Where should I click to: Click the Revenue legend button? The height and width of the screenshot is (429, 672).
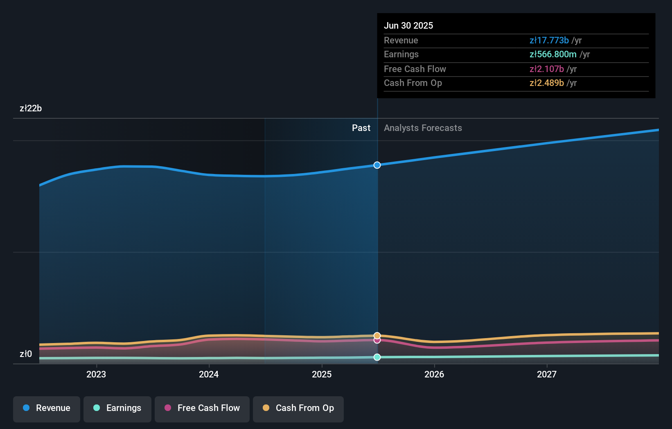(x=47, y=408)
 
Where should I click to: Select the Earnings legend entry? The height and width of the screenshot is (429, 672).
(x=117, y=408)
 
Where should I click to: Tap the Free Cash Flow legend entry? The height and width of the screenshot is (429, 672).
(x=202, y=408)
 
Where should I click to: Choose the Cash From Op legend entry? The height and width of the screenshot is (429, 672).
(x=298, y=408)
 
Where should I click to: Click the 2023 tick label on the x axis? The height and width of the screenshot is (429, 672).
(x=96, y=374)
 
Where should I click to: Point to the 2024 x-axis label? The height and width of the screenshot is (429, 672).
(x=209, y=374)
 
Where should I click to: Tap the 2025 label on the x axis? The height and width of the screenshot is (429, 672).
(x=322, y=374)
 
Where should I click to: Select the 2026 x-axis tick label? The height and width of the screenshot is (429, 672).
(x=434, y=374)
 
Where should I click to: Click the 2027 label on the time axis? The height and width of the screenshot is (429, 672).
(x=547, y=374)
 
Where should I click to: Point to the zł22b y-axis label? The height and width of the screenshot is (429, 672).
(x=31, y=108)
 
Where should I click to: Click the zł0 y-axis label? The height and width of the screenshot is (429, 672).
(x=26, y=354)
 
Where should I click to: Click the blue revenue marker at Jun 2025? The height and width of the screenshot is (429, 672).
(x=377, y=165)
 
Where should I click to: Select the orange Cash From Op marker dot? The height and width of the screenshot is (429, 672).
(x=377, y=336)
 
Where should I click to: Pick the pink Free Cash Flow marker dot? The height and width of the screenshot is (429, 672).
(x=377, y=341)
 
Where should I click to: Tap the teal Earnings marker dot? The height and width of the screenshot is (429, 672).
(x=377, y=357)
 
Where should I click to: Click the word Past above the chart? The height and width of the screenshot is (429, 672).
(x=361, y=128)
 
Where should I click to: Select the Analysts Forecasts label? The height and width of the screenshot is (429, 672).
(x=423, y=128)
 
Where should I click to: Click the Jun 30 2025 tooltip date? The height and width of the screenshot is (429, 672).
(x=408, y=25)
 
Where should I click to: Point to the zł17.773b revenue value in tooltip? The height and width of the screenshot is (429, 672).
(x=549, y=41)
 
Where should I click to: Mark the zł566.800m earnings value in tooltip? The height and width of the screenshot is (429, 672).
(x=553, y=54)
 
